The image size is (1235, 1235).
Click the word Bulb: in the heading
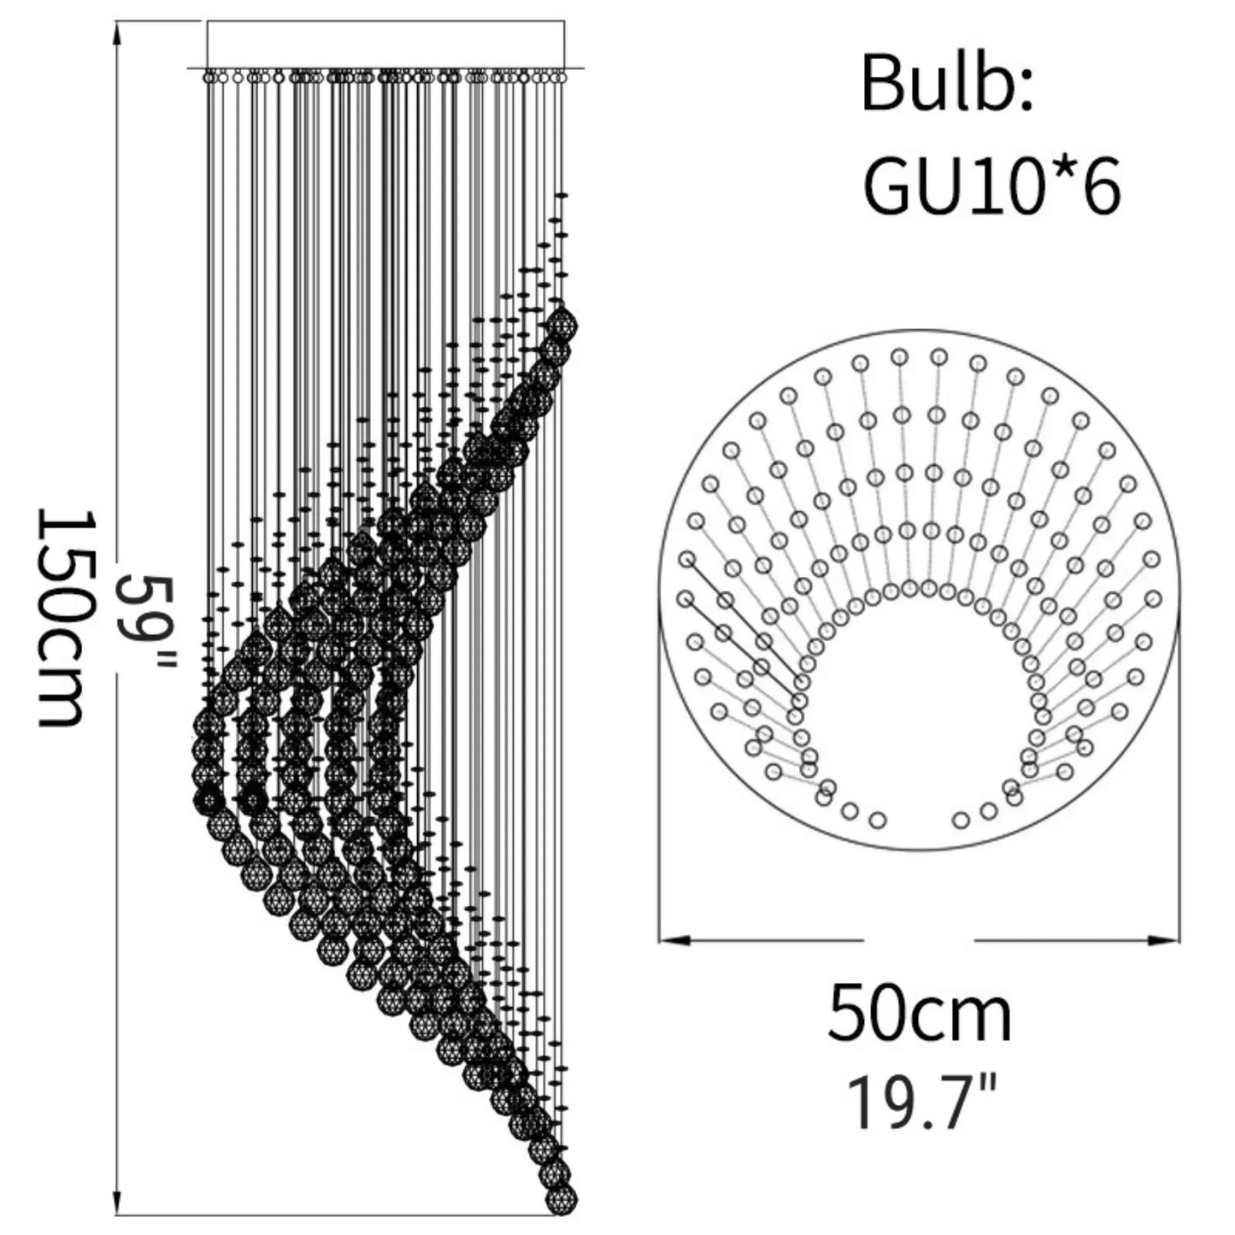(946, 83)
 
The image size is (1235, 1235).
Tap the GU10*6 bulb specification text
(991, 185)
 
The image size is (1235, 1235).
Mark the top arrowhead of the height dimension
(117, 33)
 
